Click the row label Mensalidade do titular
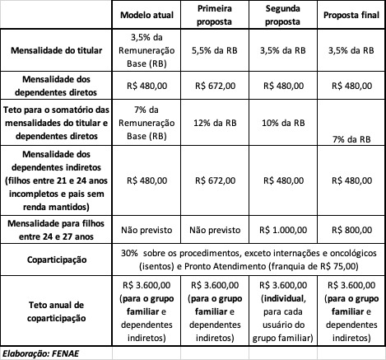click(58, 49)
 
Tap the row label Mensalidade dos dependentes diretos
click(58, 83)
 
